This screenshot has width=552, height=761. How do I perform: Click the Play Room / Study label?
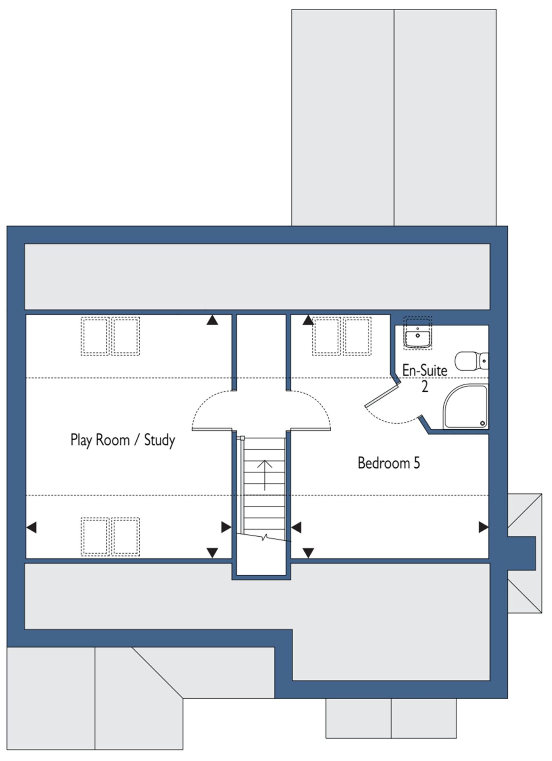123,440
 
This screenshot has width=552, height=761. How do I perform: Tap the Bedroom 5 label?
389,463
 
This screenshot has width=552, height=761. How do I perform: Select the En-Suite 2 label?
425,378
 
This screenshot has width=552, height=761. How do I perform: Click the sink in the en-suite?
418,337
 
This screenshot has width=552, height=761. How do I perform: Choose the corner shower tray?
466,406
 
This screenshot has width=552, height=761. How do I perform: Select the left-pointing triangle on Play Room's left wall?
31,528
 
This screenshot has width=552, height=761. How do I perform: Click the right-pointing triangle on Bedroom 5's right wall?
484,527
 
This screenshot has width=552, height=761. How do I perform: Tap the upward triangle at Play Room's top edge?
212,320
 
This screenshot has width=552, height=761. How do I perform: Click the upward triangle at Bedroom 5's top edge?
308,320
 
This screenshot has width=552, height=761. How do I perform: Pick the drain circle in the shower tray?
483,423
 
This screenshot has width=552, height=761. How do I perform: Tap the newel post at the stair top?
242,438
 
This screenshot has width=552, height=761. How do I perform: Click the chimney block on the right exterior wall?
521,553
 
